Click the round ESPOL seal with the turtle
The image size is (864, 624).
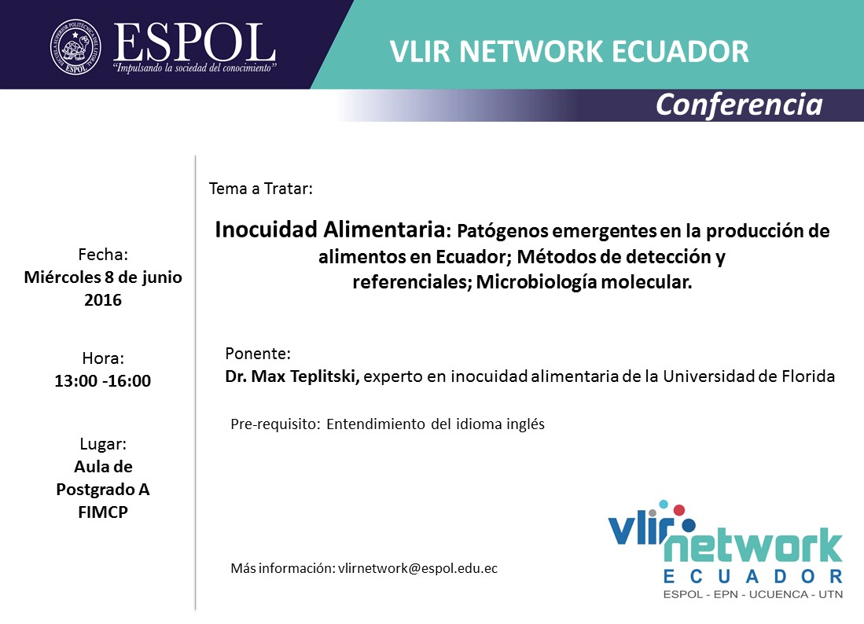(76, 47)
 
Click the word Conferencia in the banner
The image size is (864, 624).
(739, 105)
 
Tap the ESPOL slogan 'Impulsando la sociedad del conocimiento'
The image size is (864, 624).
(194, 68)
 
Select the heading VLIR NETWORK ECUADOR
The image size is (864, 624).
(569, 51)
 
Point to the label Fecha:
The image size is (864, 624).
(103, 255)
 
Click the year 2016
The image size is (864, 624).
(103, 300)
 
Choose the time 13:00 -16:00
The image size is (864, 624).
(102, 381)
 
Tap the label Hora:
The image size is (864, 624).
(103, 358)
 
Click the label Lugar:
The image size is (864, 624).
(103, 444)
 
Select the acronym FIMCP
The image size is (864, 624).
(103, 512)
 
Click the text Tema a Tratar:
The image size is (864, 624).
(261, 189)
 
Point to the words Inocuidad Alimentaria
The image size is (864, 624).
(330, 229)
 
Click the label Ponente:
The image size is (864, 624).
(258, 353)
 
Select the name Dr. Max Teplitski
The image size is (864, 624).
(292, 376)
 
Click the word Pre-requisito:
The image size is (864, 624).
(275, 424)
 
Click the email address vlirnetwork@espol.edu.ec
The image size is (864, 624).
(417, 568)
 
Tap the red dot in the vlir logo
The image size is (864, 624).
(679, 510)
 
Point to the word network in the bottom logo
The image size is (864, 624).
(753, 545)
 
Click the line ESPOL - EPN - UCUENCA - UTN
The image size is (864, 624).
(753, 594)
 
